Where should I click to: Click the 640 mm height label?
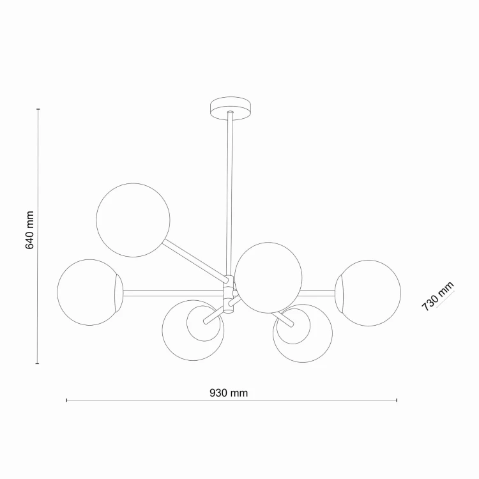tap(29, 230)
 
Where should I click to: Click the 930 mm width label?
tap(229, 393)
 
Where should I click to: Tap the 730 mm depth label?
tap(437, 296)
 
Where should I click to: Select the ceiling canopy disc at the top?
tap(231, 108)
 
